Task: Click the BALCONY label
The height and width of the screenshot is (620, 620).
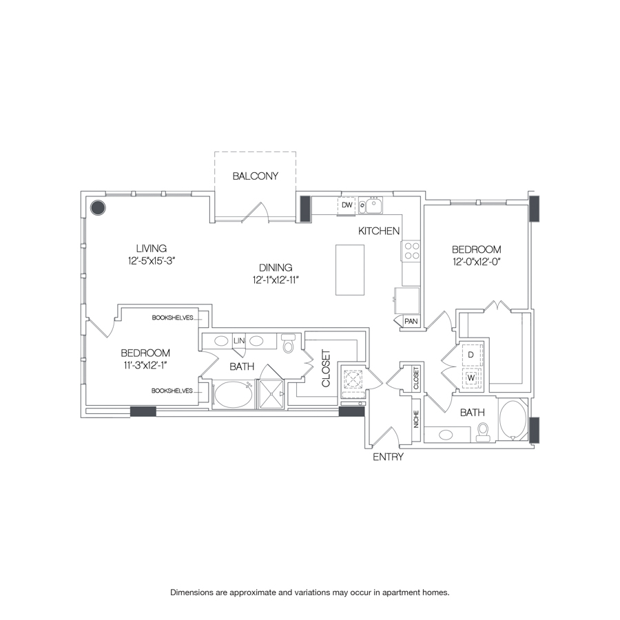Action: (255, 176)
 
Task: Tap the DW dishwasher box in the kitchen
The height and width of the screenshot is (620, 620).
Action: (347, 205)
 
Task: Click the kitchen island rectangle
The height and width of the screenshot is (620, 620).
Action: (350, 269)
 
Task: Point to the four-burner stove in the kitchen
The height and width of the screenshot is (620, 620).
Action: (412, 251)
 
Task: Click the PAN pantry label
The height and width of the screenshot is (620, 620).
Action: (411, 320)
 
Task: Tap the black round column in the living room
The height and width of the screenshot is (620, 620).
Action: (98, 207)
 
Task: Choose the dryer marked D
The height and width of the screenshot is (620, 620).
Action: (471, 355)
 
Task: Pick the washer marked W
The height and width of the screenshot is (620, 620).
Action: (471, 378)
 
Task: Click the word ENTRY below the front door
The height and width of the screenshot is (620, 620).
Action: (388, 457)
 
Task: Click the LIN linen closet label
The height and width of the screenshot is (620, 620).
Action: (240, 341)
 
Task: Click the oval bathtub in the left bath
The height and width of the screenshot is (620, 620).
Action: (233, 396)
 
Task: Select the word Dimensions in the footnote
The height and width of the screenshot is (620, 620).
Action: (195, 592)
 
